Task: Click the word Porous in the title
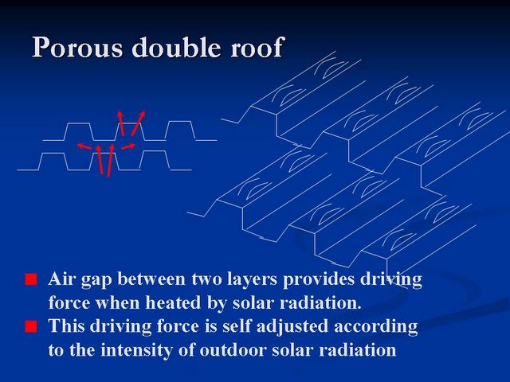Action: [78, 47]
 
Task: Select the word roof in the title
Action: [256, 47]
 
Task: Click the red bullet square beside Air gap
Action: [31, 279]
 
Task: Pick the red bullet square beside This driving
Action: [31, 326]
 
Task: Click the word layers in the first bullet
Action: [252, 280]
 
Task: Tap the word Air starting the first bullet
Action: [62, 279]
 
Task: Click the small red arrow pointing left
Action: [84, 146]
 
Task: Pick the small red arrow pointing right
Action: [128, 146]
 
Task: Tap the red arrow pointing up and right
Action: [138, 123]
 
